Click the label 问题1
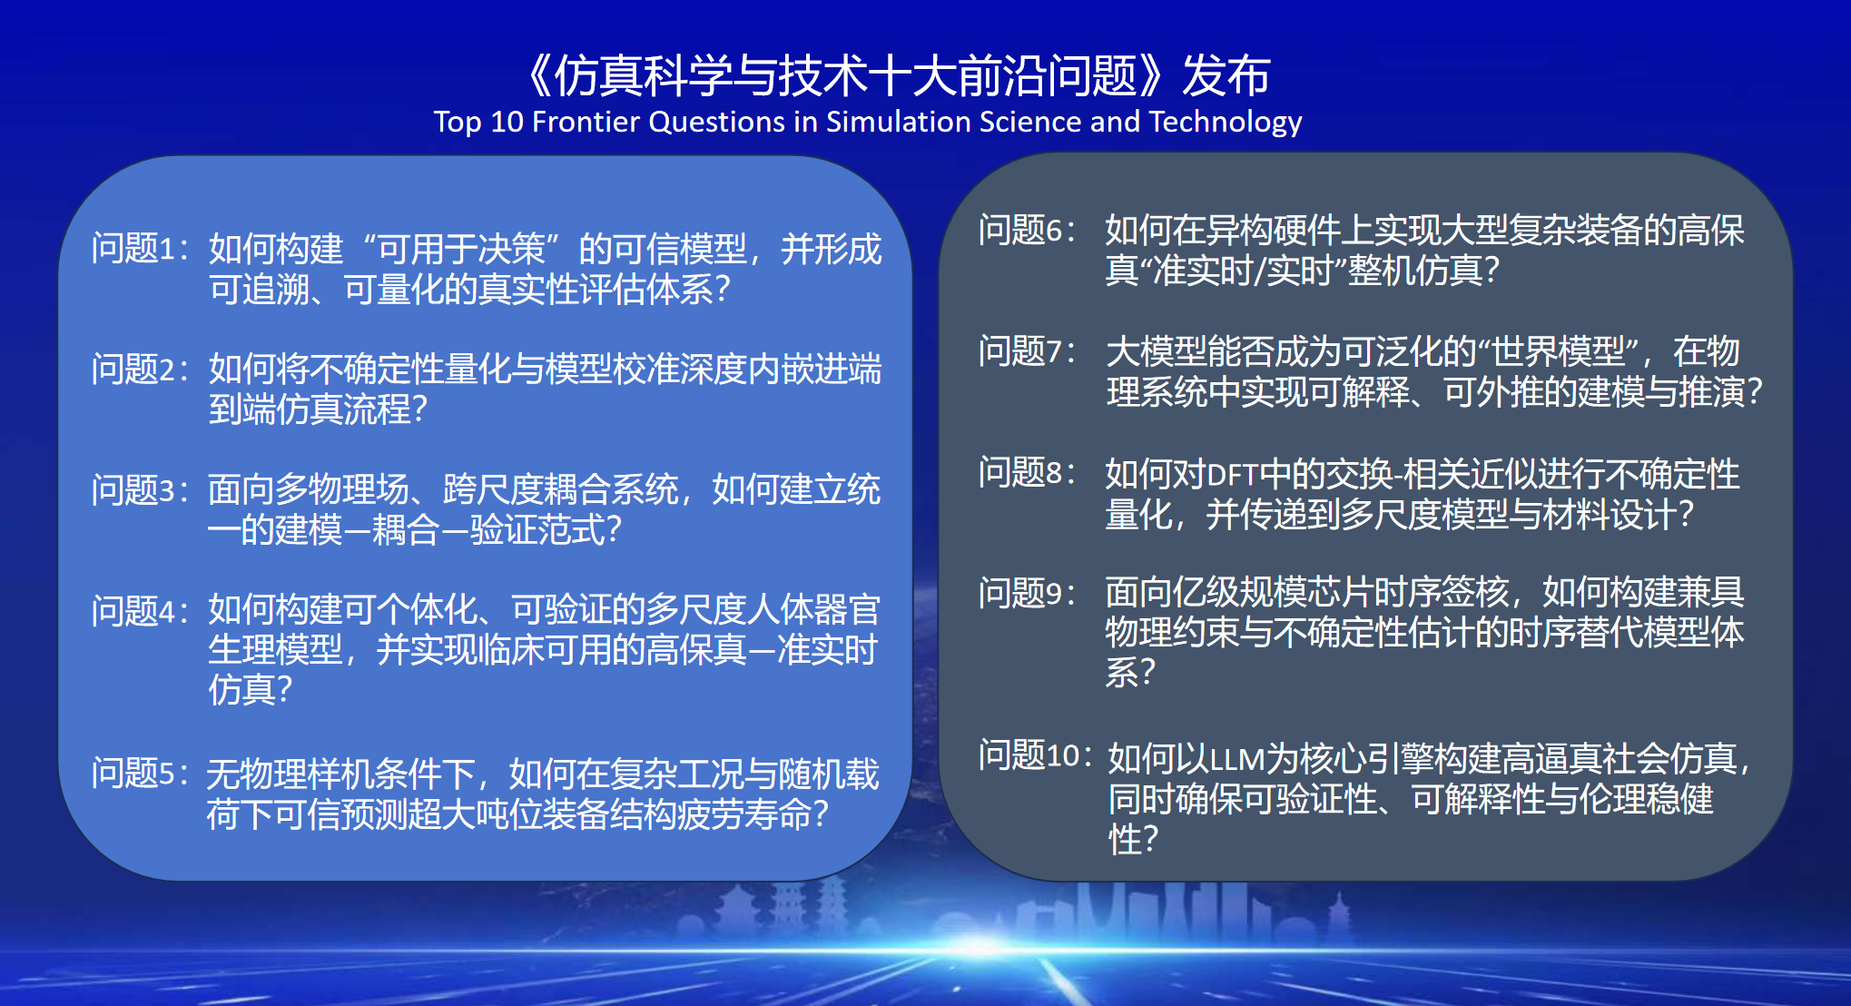pyautogui.click(x=133, y=248)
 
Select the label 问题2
pyautogui.click(x=133, y=369)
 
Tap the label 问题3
pyautogui.click(x=133, y=489)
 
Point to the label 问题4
pyautogui.click(x=133, y=610)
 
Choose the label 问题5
pyautogui.click(x=133, y=773)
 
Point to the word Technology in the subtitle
pyautogui.click(x=1226, y=123)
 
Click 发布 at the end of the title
pyautogui.click(x=1226, y=74)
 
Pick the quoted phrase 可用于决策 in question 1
pyautogui.click(x=461, y=248)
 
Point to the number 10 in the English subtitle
pyautogui.click(x=507, y=122)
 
